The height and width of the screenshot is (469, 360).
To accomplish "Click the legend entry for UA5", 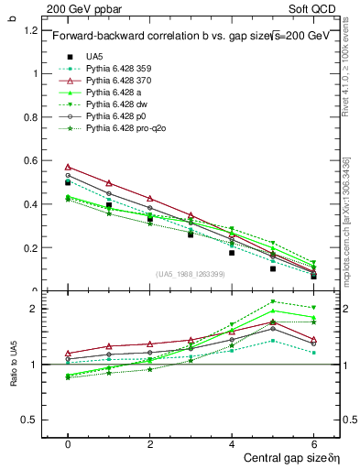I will point(93,56).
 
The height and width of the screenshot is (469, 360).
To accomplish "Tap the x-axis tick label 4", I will point(232,442).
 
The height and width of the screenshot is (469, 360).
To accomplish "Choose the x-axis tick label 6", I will point(313,442).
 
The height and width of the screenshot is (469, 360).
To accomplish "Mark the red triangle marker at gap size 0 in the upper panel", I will point(68,168).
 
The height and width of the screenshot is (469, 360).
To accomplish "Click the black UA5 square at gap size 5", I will point(273,268).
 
